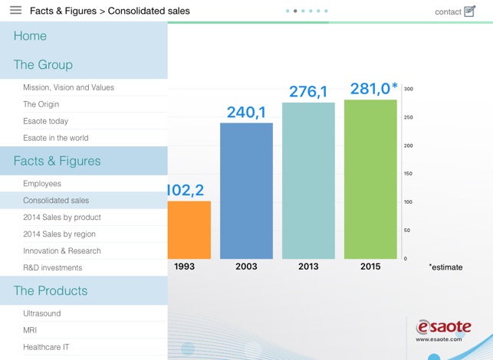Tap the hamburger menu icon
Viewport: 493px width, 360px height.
pyautogui.click(x=15, y=11)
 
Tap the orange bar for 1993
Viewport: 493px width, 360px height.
pyautogui.click(x=189, y=229)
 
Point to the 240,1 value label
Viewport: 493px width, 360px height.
pyautogui.click(x=246, y=113)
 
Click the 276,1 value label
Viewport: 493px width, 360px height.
pyautogui.click(x=308, y=92)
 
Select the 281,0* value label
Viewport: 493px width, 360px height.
pyautogui.click(x=373, y=89)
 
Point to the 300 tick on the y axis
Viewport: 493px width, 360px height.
pyautogui.click(x=409, y=90)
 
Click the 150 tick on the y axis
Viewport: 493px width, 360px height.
pyautogui.click(x=409, y=174)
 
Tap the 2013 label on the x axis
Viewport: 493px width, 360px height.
pyautogui.click(x=308, y=267)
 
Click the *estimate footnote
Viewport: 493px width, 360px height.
pyautogui.click(x=446, y=267)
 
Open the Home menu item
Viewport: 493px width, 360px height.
pyautogui.click(x=30, y=36)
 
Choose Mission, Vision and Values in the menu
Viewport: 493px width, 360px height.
pyautogui.click(x=68, y=87)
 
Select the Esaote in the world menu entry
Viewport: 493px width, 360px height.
pyautogui.click(x=55, y=138)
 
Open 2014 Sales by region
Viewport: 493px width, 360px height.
pyautogui.click(x=59, y=234)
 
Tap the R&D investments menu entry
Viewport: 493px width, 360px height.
pyautogui.click(x=52, y=268)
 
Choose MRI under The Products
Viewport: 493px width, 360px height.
pyautogui.click(x=30, y=331)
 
